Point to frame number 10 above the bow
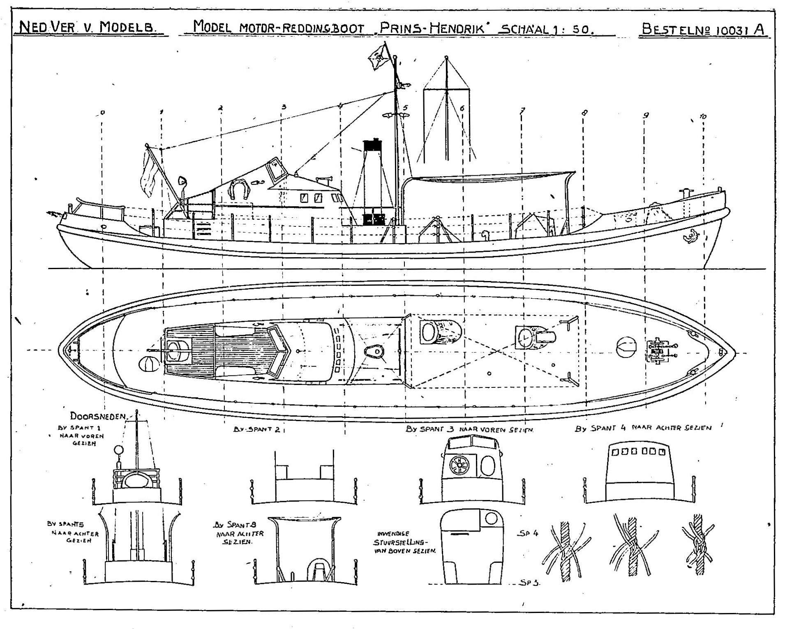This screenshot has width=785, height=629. point(702,117)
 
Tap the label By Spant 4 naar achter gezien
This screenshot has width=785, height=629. point(643,428)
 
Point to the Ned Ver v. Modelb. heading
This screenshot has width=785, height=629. point(89,28)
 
